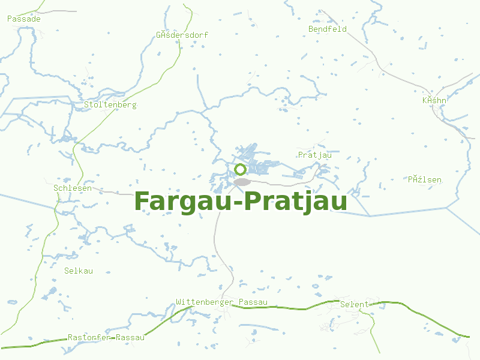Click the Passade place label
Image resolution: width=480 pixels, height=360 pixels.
click(24, 19)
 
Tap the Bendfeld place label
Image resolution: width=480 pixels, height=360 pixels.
click(328, 29)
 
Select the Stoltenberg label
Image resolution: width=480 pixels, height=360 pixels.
click(110, 105)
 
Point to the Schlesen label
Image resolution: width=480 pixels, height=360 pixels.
click(73, 188)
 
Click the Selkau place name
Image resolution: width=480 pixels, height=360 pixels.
click(79, 271)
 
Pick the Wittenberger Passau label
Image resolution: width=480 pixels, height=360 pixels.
click(221, 302)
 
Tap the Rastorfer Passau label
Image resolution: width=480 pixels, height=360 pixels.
click(106, 337)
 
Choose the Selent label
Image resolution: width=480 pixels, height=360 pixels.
click(354, 304)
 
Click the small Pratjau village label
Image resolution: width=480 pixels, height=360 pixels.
click(314, 155)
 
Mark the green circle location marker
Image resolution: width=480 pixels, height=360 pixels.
click(241, 170)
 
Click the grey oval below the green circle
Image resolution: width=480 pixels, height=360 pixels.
click(242, 182)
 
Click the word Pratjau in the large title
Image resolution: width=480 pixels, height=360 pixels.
click(297, 202)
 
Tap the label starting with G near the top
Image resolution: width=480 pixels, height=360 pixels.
click(182, 35)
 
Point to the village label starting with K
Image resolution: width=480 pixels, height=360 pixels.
click(434, 100)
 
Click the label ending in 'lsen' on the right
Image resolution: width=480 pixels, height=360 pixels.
click(425, 179)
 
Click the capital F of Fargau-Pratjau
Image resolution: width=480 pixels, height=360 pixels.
click(142, 200)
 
